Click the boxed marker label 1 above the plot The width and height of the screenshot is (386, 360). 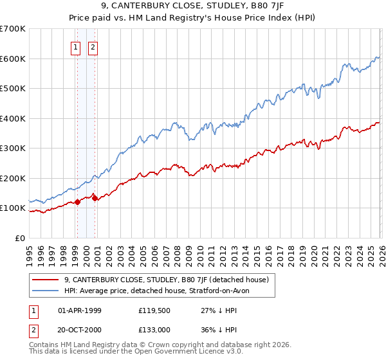(x=76, y=47)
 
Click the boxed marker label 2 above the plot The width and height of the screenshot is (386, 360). (x=93, y=47)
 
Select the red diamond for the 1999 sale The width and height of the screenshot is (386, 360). (x=77, y=202)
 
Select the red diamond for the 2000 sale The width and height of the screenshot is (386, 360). (x=95, y=198)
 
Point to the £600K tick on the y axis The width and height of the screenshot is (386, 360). (x=14, y=59)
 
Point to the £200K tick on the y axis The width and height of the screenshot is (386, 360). (x=14, y=178)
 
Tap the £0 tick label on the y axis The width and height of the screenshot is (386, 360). (x=21, y=238)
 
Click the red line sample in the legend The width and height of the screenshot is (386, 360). (x=46, y=280)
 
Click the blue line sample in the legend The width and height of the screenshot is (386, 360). (x=46, y=291)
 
